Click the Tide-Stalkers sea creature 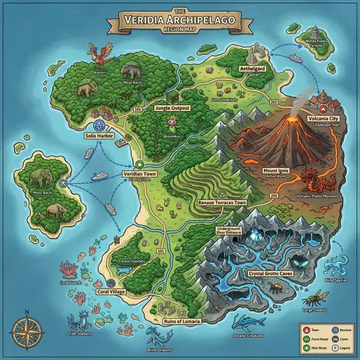pos(79,323)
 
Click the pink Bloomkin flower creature pos(170,128)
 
